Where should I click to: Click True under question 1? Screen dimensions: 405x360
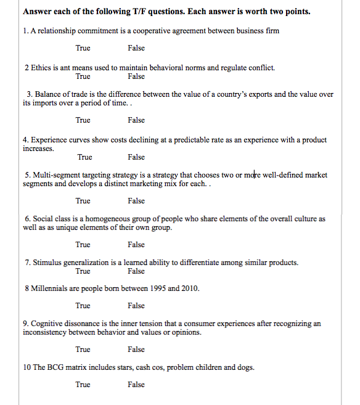(x=83, y=48)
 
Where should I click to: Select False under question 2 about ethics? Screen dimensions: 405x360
(x=136, y=76)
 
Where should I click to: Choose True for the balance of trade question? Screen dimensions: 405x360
(x=83, y=120)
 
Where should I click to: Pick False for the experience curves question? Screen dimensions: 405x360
(x=136, y=157)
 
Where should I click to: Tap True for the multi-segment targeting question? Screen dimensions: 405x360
(x=83, y=201)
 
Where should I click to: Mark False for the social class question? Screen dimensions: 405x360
(x=136, y=245)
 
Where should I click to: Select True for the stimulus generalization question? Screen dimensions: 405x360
(x=83, y=271)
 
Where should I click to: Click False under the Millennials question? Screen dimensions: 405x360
(x=136, y=306)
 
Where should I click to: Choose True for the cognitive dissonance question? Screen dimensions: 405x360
(x=83, y=350)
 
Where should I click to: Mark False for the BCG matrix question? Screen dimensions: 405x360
(x=136, y=385)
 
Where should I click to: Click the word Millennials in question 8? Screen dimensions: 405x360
(x=50, y=288)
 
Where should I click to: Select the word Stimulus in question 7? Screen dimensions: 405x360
(x=47, y=263)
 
